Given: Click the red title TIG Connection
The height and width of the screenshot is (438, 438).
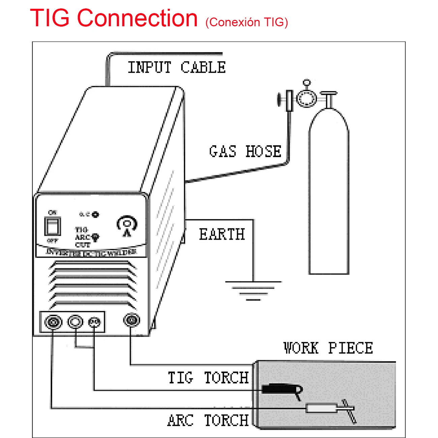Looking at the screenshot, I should pos(114,18).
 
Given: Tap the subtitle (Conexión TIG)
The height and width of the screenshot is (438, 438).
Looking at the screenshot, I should pos(247,22).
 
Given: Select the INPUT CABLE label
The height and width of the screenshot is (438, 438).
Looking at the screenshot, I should pos(177,67).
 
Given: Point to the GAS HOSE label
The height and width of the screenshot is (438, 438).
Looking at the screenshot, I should pos(245,151).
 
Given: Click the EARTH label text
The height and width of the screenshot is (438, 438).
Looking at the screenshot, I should pos(222,234).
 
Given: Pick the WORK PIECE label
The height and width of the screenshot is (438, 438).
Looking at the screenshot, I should pos(328,348).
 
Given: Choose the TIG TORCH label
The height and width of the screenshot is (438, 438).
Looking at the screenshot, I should pos(208,378).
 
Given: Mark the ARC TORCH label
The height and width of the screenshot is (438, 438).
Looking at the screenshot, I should pos(208,420).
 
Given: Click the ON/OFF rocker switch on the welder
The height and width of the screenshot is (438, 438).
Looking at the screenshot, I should pos(53,226).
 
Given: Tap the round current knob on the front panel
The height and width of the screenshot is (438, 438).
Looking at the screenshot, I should pos(127,224).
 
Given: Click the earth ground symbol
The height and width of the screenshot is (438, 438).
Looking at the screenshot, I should pos(253,290).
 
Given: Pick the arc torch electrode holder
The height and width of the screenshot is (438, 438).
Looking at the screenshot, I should pos(322,409).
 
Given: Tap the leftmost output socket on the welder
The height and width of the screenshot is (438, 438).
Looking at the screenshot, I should pos(53,322).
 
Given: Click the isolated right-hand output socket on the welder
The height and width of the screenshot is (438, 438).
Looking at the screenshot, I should pos(131,320).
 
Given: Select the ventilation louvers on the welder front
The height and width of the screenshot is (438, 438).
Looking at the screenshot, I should pos(93,285).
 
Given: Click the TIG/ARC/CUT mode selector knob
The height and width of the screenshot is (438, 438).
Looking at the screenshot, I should pos(96,237).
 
